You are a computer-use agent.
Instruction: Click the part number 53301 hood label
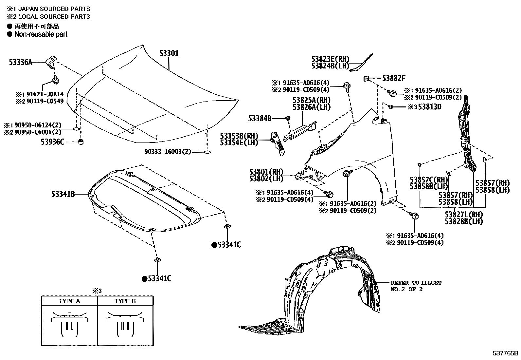coord(169,53)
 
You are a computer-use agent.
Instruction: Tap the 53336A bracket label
coord(21,62)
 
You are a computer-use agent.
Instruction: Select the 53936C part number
coord(53,142)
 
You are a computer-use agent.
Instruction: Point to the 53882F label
coord(394,78)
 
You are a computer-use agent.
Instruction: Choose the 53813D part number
coord(430,107)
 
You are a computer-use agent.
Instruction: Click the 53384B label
coord(260,119)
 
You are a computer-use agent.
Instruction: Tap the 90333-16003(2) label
coord(168,152)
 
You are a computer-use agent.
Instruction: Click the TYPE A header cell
coord(69,301)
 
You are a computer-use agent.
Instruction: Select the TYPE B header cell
coord(125,301)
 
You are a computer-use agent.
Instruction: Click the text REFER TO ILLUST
coord(416,283)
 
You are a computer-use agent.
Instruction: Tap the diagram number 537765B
coord(506,353)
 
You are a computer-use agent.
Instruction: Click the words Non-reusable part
coord(41,34)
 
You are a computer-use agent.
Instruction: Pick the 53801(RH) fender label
coord(266,172)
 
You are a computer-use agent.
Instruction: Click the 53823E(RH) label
coord(330,59)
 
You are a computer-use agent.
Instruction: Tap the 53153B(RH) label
coord(239,136)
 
